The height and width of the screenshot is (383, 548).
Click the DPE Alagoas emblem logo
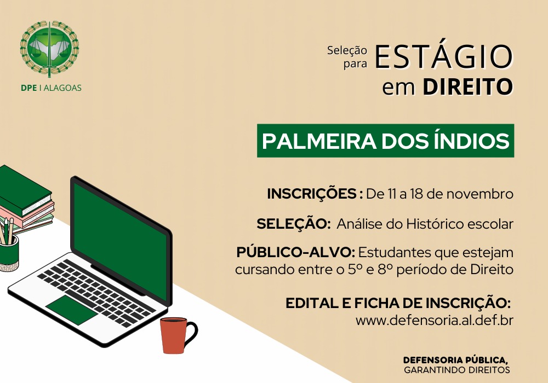click(x=50, y=49)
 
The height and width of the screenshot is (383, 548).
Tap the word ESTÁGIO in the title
click(x=443, y=56)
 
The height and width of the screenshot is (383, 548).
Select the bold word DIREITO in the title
click(x=467, y=86)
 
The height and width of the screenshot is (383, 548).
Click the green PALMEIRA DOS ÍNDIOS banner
click(x=385, y=141)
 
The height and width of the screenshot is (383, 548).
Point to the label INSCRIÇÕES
click(x=312, y=194)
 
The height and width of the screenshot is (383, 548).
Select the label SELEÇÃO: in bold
click(x=294, y=224)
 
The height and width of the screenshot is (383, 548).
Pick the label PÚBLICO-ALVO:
click(x=296, y=252)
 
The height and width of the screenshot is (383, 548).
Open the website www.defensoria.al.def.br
click(x=435, y=320)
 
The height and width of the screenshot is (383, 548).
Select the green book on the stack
click(x=25, y=190)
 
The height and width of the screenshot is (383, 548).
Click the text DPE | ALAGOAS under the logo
click(x=51, y=88)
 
